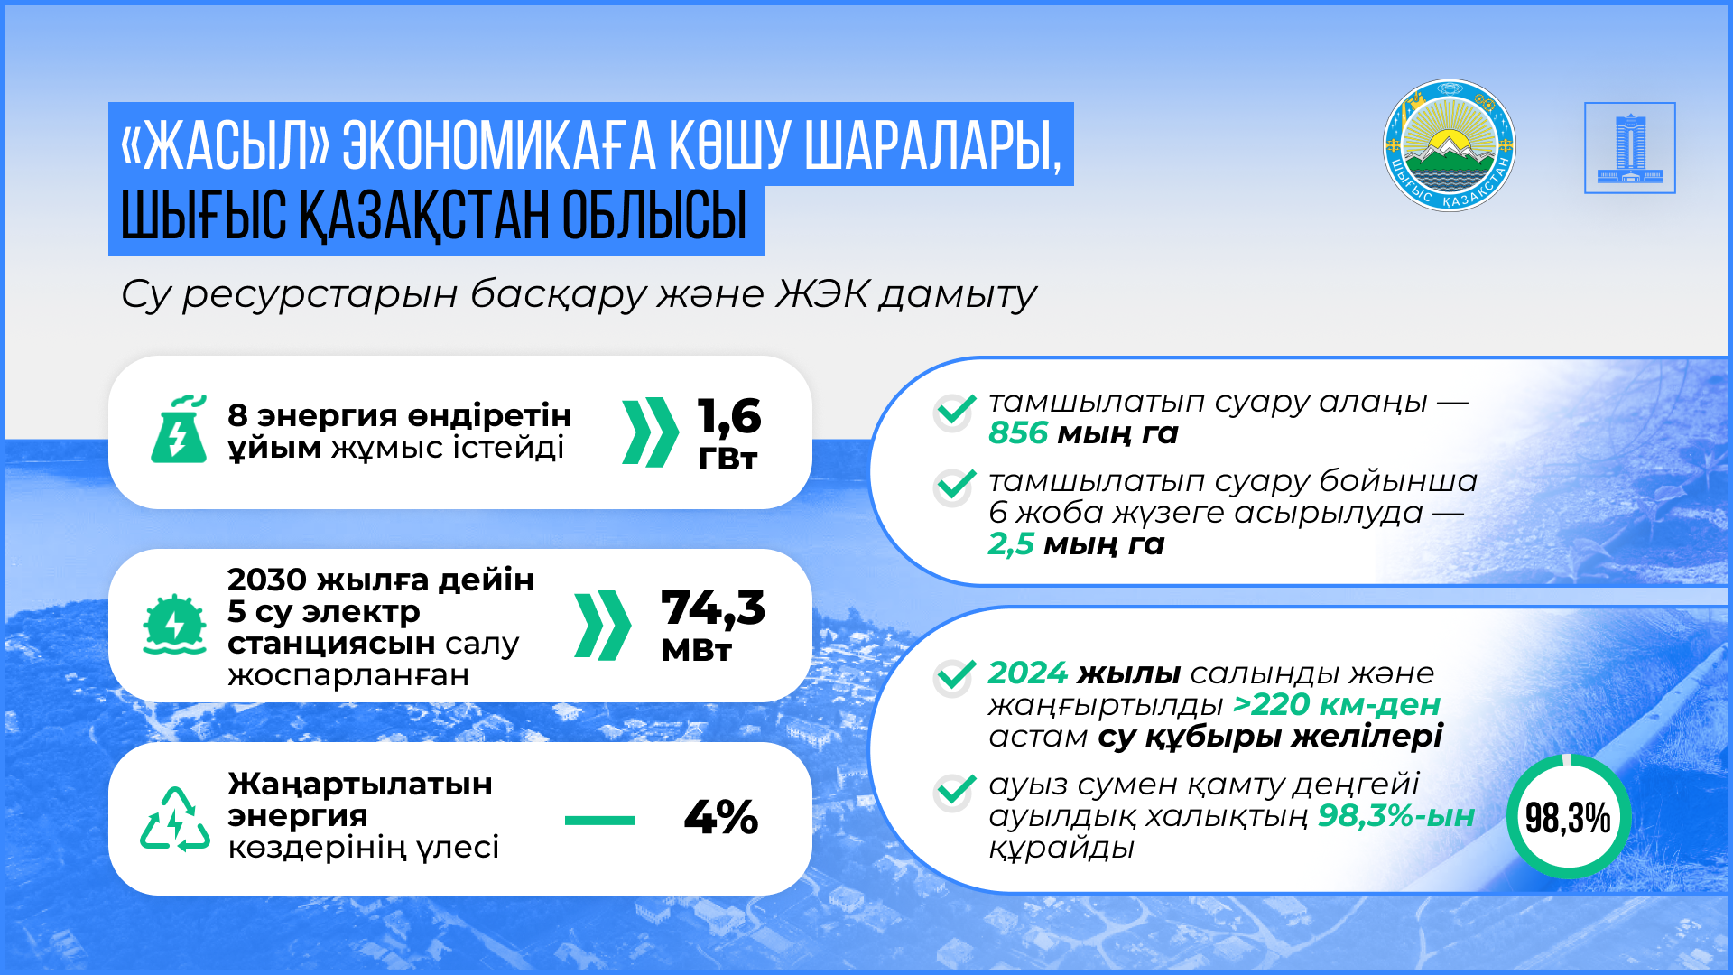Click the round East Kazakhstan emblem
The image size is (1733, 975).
(x=1449, y=145)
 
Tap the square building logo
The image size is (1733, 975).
(x=1630, y=148)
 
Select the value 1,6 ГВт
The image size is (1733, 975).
(x=729, y=433)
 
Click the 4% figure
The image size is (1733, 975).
(x=721, y=818)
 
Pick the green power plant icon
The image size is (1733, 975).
(x=178, y=429)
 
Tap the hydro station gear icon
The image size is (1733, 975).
(x=174, y=624)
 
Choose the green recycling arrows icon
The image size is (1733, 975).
(x=175, y=820)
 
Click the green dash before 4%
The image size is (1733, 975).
(x=599, y=821)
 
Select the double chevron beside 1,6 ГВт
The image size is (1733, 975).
(x=650, y=432)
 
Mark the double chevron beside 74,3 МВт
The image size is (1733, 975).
(x=602, y=626)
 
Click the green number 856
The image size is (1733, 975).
(x=1018, y=433)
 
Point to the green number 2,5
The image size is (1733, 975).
(x=1011, y=544)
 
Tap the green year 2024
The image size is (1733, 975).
(x=1028, y=673)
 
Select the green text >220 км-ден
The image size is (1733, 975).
(x=1337, y=705)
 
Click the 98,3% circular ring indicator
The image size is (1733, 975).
(x=1569, y=759)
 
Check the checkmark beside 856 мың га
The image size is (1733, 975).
(x=954, y=412)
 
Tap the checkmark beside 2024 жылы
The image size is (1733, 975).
(x=954, y=677)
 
